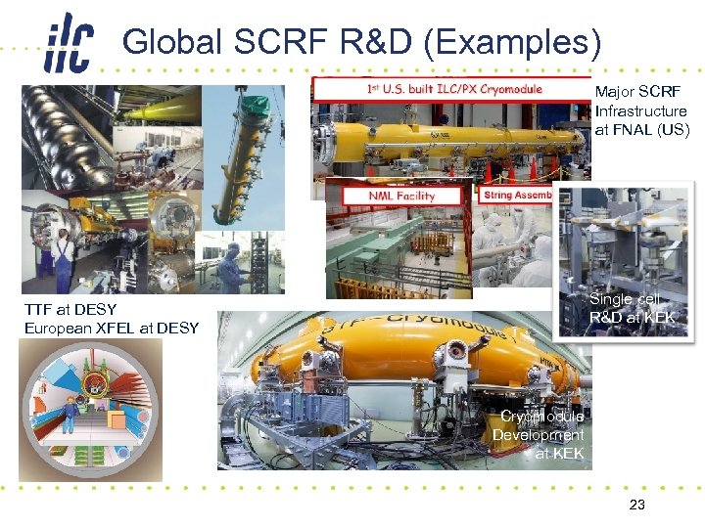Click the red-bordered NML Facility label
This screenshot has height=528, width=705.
(388, 195)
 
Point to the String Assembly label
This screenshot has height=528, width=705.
(518, 195)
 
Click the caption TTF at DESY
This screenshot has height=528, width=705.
(70, 310)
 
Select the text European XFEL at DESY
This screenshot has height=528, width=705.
(112, 328)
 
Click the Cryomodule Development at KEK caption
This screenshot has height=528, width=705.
(540, 434)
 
